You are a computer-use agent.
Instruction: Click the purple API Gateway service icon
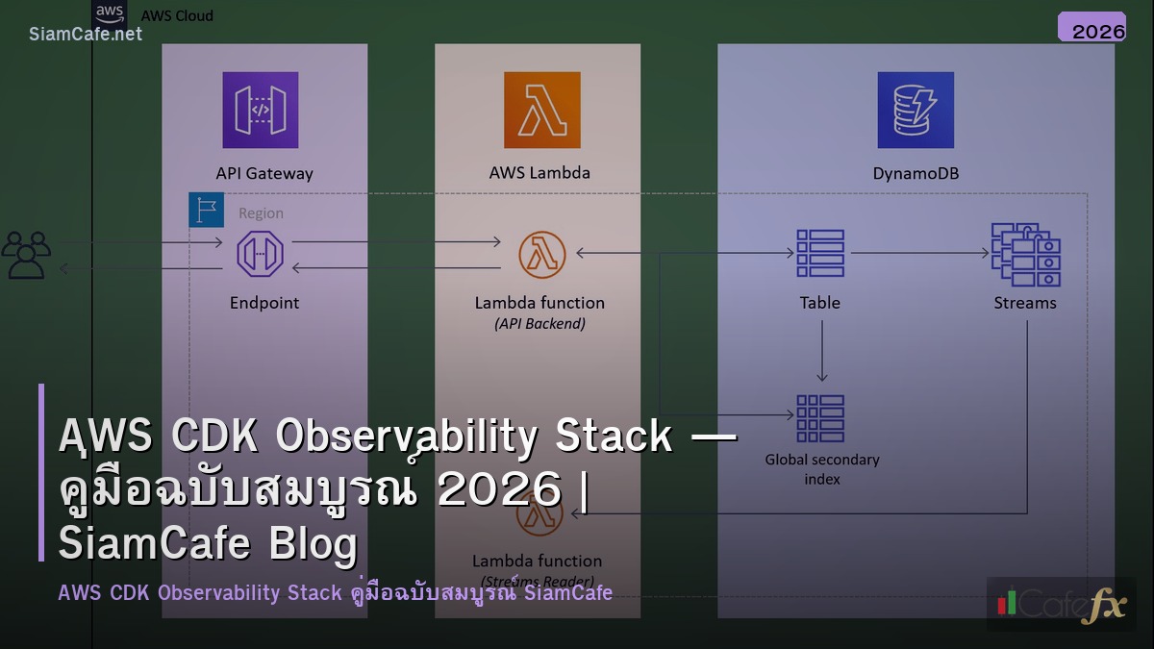coord(260,110)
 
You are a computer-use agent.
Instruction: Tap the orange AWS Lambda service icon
coord(541,110)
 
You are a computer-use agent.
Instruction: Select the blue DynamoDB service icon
coord(915,110)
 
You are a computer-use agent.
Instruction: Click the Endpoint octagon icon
coord(260,254)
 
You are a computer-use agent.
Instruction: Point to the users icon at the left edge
coord(26,255)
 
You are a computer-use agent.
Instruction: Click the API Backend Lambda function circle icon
coord(541,254)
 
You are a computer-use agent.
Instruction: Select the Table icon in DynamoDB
coord(820,254)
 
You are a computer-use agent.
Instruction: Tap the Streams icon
coord(1025,254)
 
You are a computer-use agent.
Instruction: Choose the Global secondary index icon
coord(820,418)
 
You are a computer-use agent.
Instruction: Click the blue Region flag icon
coord(206,210)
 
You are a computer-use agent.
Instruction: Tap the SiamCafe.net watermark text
coord(86,34)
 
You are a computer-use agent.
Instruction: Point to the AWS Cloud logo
coord(110,13)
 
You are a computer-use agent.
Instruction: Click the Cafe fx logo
coord(1061,604)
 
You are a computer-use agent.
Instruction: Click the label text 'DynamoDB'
coord(915,174)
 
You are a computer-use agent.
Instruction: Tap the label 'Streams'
coord(1025,303)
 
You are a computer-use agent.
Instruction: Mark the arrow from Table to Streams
coord(919,254)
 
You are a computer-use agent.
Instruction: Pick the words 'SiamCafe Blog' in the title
coord(208,543)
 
